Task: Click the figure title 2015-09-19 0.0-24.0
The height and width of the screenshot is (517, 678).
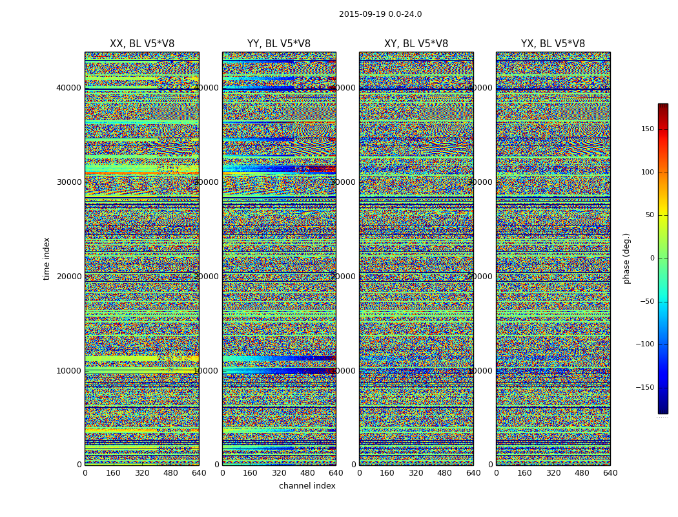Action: tap(380, 14)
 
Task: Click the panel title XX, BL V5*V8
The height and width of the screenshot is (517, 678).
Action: tap(142, 44)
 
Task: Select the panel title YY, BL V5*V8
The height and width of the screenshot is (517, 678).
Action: tap(279, 44)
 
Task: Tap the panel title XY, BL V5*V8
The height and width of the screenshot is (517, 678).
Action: tap(416, 44)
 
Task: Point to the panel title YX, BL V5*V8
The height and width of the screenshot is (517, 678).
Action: tap(553, 44)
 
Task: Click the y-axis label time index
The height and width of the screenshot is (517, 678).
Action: tap(46, 258)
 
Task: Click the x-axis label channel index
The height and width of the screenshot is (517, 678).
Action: tap(307, 486)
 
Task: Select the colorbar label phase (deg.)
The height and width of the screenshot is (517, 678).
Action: tap(626, 258)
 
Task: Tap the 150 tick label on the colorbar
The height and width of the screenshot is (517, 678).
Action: tap(646, 129)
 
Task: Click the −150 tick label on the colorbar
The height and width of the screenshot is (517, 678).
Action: tap(644, 387)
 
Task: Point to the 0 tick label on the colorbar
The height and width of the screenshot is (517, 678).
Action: tap(652, 258)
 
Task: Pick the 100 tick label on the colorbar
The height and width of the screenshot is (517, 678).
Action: tap(646, 172)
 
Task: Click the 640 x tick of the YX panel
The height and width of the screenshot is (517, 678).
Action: tap(610, 473)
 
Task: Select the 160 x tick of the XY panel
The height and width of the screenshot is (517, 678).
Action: tap(387, 473)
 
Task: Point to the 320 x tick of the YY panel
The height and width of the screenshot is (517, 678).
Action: tap(279, 473)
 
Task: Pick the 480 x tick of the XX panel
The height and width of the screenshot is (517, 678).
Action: tap(170, 473)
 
